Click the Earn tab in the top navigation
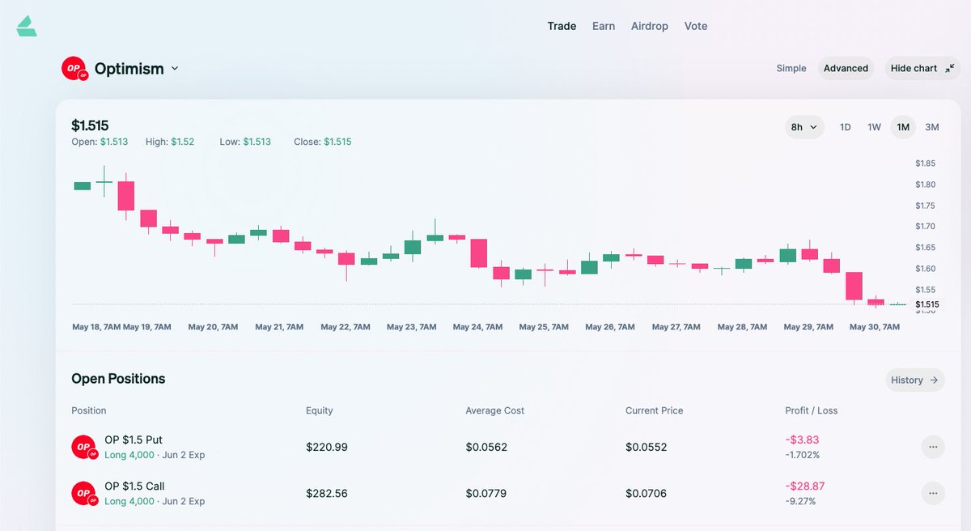604,26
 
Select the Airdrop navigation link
650,26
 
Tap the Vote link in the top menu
696,26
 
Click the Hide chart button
922,69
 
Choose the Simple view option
791,69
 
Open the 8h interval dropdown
804,127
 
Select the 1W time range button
874,127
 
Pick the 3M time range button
932,127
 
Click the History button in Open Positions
914,380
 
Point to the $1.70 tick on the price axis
925,227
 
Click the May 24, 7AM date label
477,327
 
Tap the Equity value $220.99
327,447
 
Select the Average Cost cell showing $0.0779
486,493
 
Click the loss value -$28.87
805,486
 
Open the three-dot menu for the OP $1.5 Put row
933,447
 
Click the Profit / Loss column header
812,410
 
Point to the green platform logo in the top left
27,26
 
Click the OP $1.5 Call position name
134,486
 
